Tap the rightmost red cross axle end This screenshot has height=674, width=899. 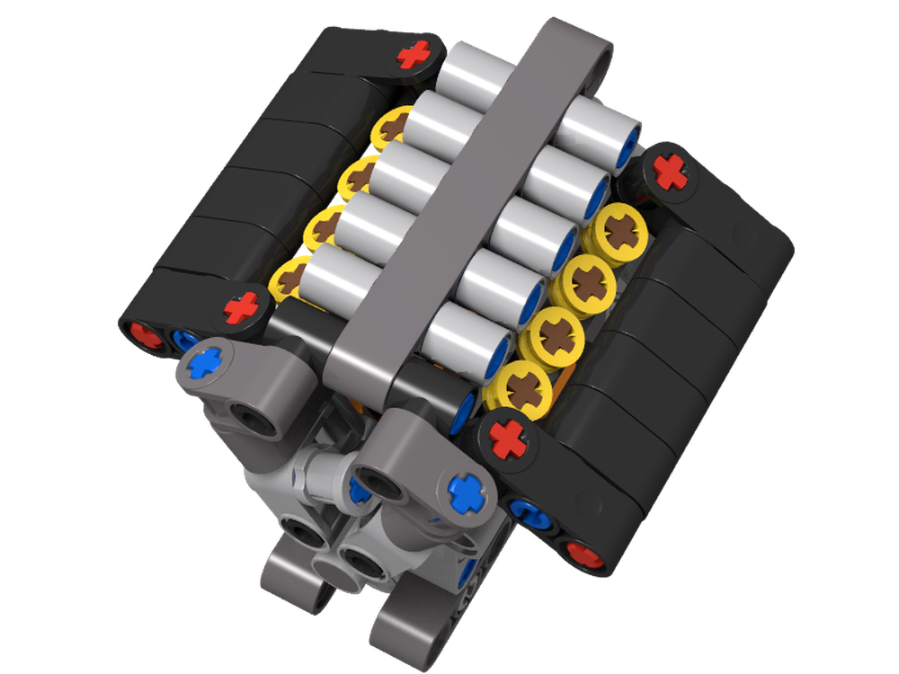tap(670, 170)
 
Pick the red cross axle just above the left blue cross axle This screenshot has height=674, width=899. tap(240, 308)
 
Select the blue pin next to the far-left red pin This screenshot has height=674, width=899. tap(184, 341)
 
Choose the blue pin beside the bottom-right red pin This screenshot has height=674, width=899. tap(526, 513)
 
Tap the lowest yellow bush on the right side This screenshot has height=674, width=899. tap(520, 388)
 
